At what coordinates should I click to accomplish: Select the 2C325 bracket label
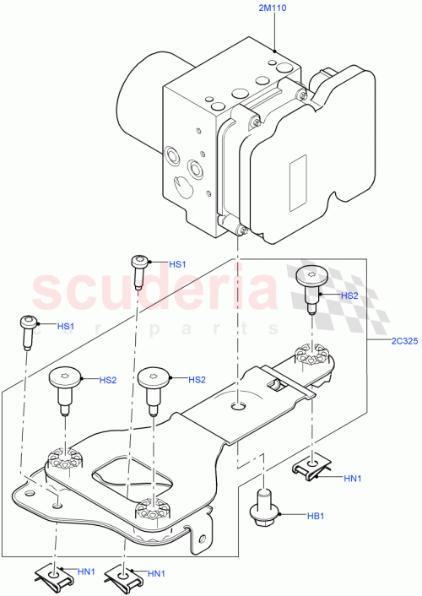(x=396, y=343)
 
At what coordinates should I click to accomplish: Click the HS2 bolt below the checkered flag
(x=311, y=285)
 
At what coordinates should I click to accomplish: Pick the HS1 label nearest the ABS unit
(x=177, y=264)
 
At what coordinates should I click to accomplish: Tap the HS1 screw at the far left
(x=28, y=330)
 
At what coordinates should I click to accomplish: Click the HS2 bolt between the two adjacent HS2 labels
(x=152, y=386)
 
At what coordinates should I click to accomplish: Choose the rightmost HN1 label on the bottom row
(x=156, y=575)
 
